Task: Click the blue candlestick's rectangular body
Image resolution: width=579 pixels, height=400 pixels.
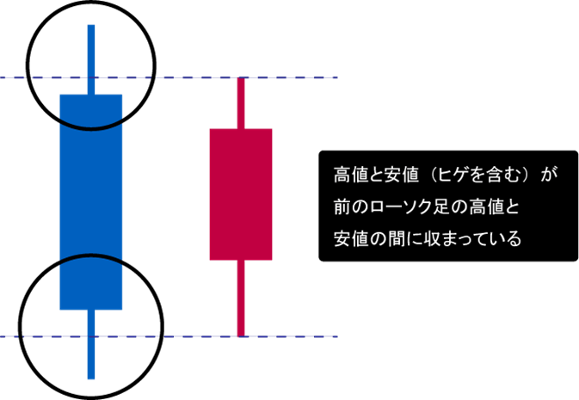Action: pyautogui.click(x=91, y=202)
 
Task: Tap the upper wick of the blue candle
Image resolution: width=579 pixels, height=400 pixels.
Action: pyautogui.click(x=91, y=59)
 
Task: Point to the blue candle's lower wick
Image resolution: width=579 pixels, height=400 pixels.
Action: pyautogui.click(x=91, y=344)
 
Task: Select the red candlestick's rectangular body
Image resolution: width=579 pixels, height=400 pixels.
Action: pyautogui.click(x=241, y=194)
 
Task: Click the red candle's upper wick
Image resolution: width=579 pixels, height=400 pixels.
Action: pyautogui.click(x=241, y=103)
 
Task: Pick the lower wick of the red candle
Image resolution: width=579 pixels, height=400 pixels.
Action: pyautogui.click(x=241, y=298)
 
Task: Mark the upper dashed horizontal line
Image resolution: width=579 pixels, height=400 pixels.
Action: pyautogui.click(x=169, y=77)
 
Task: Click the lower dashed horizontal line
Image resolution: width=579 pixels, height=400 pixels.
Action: pyautogui.click(x=169, y=336)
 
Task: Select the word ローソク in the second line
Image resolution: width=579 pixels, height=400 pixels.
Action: pyautogui.click(x=397, y=207)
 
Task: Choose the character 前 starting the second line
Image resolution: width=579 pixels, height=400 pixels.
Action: pyautogui.click(x=342, y=207)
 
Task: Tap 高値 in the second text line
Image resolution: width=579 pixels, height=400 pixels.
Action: pyautogui.click(x=486, y=207)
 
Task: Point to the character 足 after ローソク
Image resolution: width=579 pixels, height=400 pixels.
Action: pyautogui.click(x=439, y=207)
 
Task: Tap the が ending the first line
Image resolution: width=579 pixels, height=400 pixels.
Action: pyautogui.click(x=549, y=175)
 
